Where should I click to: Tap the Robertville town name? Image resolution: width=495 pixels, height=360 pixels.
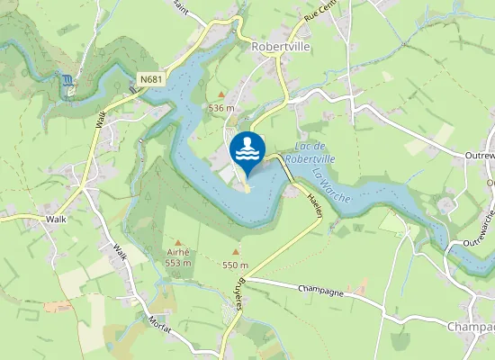[280, 46]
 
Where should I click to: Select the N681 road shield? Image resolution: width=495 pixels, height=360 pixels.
[151, 80]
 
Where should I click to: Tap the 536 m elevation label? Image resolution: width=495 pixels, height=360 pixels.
[221, 108]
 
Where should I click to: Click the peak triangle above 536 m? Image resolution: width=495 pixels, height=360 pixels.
[221, 94]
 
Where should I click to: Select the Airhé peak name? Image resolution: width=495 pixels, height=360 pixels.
[178, 253]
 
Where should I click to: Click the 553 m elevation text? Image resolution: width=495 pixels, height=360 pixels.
[178, 263]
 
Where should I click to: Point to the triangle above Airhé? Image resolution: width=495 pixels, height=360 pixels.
[178, 241]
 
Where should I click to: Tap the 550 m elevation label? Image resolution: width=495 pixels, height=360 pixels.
[235, 265]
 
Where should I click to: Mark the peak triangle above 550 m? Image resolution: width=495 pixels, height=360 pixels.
[236, 253]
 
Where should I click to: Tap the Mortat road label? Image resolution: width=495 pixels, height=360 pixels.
[161, 322]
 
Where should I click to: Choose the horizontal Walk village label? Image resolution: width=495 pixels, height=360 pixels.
[56, 219]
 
